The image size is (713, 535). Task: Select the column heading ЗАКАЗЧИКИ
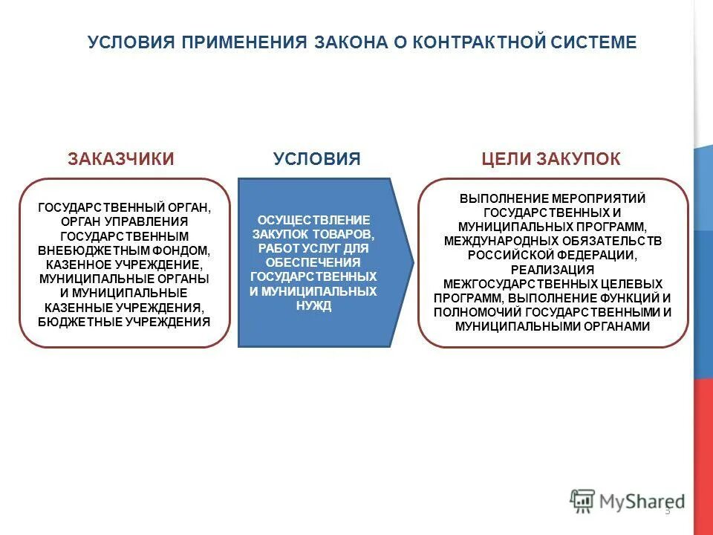pos(121,159)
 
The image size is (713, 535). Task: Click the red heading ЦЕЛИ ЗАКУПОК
pos(551,159)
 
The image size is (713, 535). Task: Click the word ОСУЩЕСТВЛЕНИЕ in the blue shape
pos(313,221)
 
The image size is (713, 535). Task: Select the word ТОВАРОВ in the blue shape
pos(348,235)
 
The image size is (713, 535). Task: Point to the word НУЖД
pos(313,305)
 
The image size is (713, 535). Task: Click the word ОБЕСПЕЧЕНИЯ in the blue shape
pos(313,263)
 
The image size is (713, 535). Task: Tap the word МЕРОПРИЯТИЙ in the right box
pos(599,199)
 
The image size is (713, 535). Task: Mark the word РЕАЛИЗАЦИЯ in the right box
pos(553,269)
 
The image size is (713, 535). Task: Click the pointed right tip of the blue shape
pos(413,262)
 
